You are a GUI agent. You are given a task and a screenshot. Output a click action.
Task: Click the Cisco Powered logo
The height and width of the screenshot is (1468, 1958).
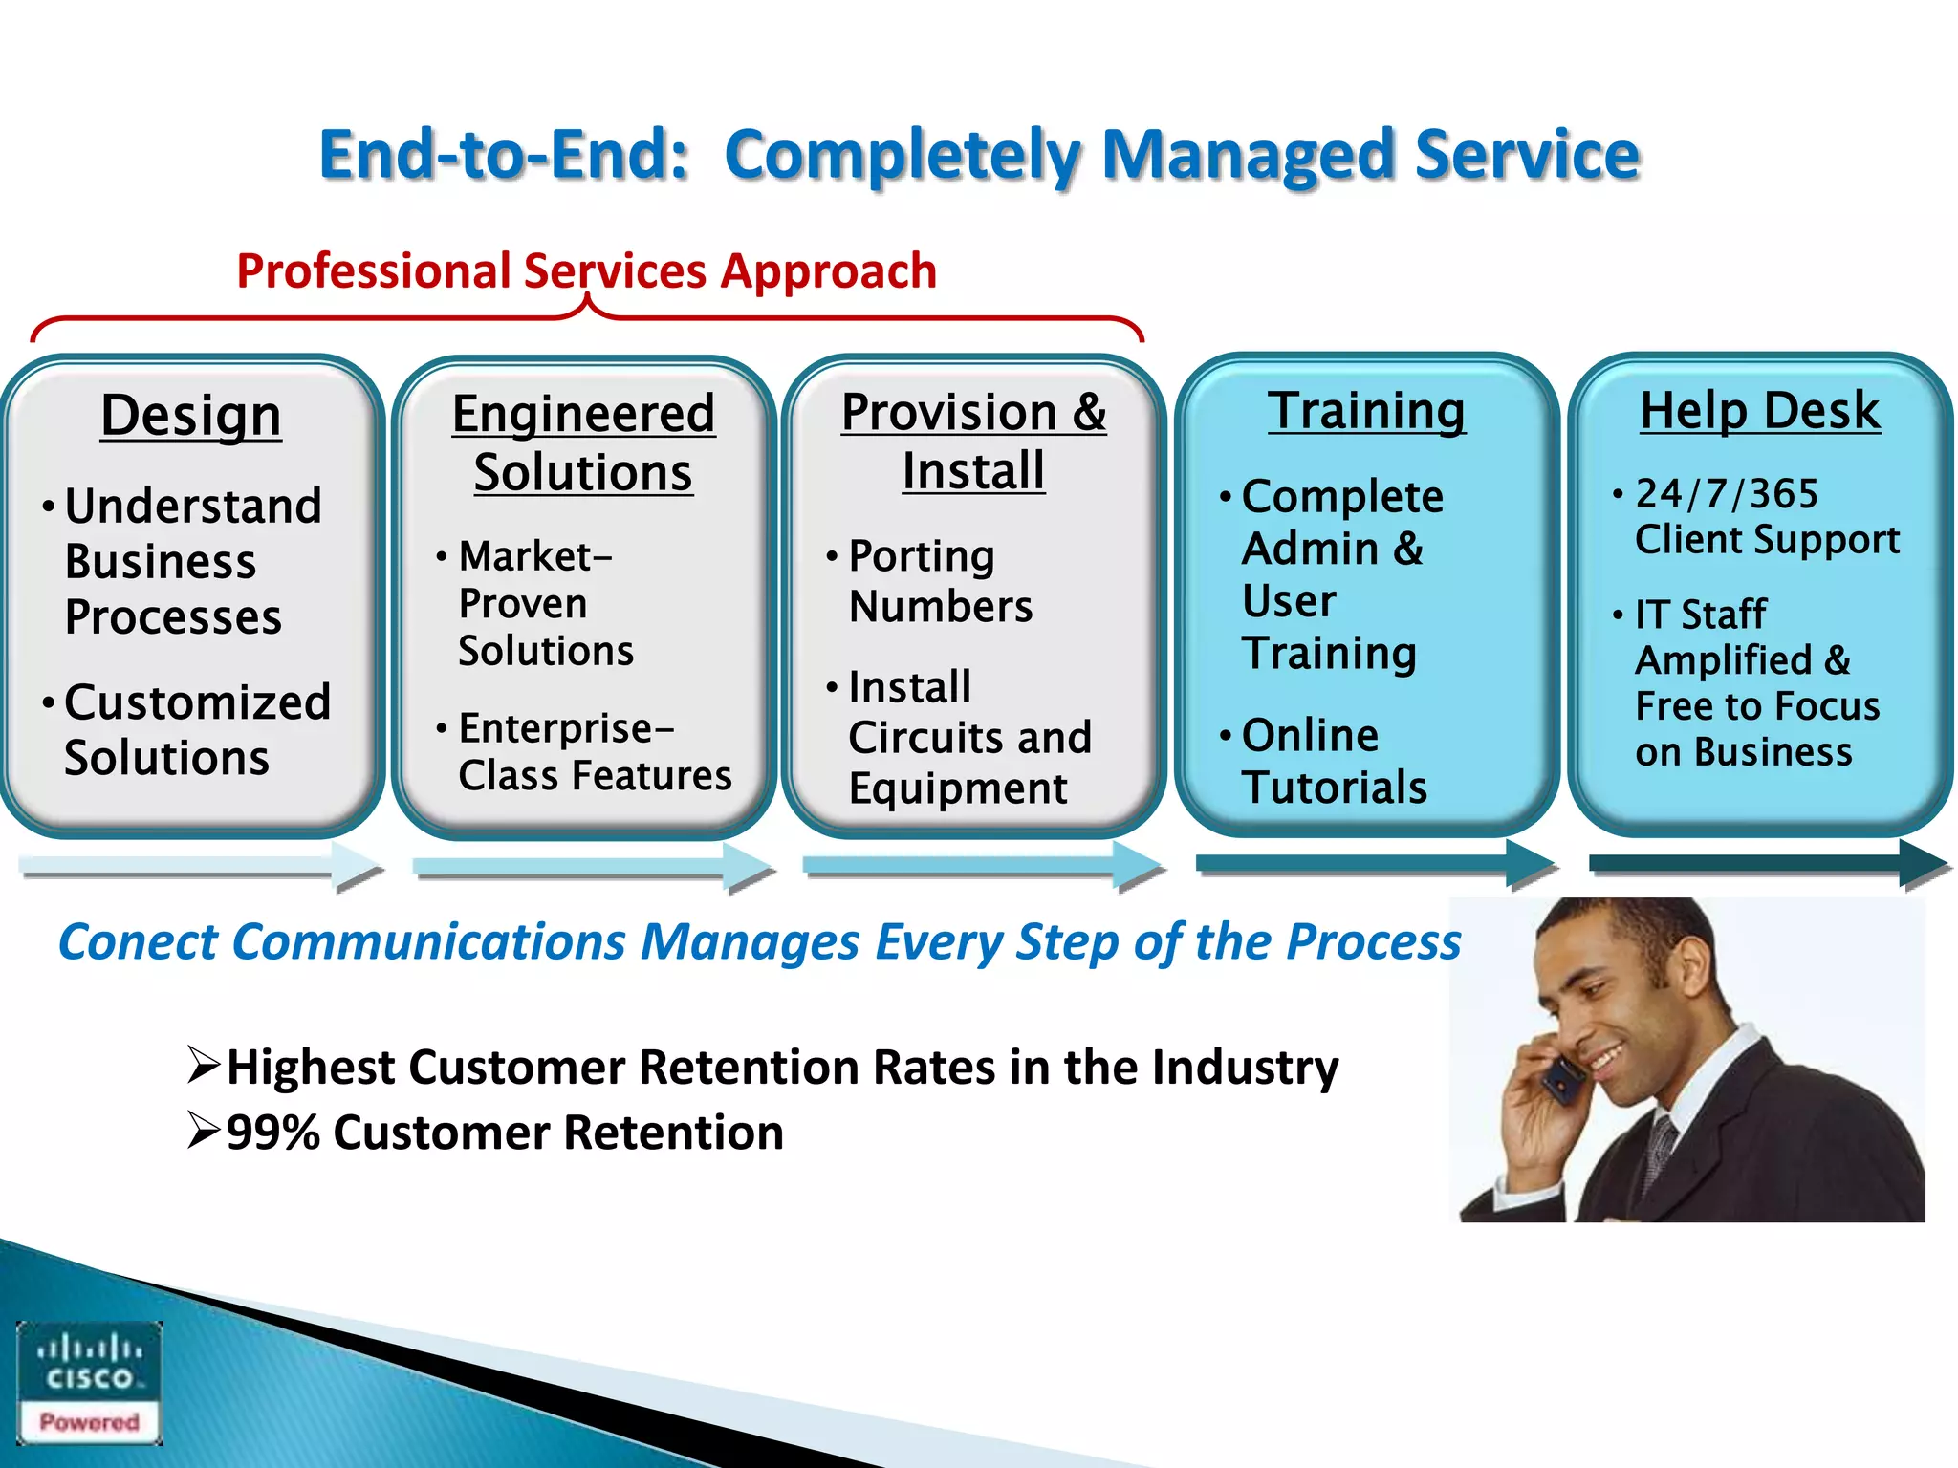[90, 1382]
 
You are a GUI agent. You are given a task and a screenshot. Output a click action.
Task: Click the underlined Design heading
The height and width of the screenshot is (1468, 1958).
[191, 417]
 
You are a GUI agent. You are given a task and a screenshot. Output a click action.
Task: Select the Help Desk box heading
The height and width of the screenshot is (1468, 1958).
[1759, 411]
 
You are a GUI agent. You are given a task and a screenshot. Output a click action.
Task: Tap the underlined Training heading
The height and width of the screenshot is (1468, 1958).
[1366, 411]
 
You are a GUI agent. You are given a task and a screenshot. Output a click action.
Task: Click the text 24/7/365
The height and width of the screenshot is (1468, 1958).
[1726, 494]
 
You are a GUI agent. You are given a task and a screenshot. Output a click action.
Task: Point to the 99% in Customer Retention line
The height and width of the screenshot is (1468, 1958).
[272, 1133]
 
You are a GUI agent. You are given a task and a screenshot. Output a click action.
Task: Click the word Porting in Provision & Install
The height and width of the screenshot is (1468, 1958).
[922, 557]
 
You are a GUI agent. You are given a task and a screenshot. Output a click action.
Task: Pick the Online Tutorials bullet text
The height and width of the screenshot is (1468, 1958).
[1333, 762]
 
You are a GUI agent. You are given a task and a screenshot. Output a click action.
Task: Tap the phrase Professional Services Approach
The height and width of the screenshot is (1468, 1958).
[586, 271]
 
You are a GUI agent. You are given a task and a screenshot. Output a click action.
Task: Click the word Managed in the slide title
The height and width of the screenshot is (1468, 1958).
[1248, 155]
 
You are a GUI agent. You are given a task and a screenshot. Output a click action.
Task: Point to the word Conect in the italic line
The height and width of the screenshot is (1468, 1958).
[138, 942]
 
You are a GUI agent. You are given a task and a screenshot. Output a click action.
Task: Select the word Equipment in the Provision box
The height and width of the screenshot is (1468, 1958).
[957, 789]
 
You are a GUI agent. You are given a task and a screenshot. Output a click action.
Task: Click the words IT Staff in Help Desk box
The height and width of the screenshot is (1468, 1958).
[1700, 615]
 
